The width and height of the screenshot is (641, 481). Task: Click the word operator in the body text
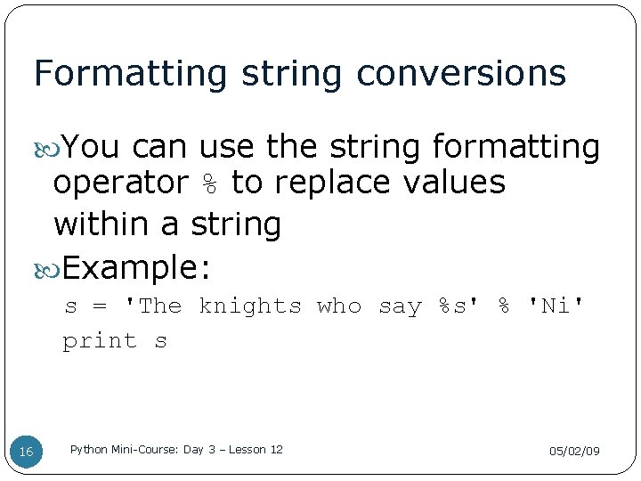point(120,183)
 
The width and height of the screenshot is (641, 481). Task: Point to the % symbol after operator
point(209,183)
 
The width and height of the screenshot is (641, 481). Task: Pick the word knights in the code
point(250,306)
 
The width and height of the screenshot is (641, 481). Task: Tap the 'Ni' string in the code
point(557,306)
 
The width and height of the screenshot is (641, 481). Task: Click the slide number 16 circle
point(26,452)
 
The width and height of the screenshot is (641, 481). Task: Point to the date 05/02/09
point(574,452)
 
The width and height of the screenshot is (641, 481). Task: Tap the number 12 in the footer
point(276,450)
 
